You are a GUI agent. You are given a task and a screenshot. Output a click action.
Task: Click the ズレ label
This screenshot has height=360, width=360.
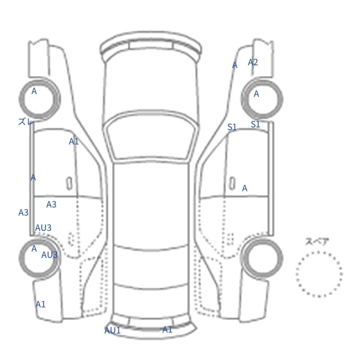coord(26,121)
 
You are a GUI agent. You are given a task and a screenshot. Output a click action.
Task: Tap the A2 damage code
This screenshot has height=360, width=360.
coord(253,62)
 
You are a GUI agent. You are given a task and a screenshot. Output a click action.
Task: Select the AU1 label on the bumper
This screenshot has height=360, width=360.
coord(112,330)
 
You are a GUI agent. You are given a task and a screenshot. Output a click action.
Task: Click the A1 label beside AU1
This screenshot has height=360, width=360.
coord(167,330)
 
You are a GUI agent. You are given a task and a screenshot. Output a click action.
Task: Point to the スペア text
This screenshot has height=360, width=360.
coord(314,242)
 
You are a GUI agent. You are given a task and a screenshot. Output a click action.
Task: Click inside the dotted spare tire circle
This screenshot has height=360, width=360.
coord(319,274)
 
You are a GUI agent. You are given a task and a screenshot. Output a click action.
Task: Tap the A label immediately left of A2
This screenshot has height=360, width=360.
coord(234,65)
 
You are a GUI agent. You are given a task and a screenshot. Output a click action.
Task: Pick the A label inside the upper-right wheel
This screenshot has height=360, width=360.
coord(256,94)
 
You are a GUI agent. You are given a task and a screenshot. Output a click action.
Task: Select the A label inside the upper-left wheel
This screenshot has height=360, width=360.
coord(34,91)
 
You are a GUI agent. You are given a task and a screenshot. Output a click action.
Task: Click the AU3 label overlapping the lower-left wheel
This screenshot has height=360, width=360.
coord(49,255)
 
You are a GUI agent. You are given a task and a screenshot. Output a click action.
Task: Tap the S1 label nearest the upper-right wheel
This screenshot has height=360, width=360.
coord(255,124)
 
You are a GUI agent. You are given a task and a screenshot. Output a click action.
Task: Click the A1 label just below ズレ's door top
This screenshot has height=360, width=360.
coord(74,141)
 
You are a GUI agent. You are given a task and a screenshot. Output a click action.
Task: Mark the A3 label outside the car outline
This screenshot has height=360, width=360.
coord(23,212)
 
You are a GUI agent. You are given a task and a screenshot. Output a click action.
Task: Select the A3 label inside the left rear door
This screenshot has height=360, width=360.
coord(51,204)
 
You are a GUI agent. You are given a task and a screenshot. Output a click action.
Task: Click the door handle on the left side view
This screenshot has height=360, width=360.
coord(69,184)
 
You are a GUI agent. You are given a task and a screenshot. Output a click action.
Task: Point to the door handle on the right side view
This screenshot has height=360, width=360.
coord(232,184)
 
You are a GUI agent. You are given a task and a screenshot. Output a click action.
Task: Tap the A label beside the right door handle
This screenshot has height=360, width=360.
coord(245,188)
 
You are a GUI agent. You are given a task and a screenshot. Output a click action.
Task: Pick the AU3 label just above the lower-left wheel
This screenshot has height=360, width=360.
coord(43,228)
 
